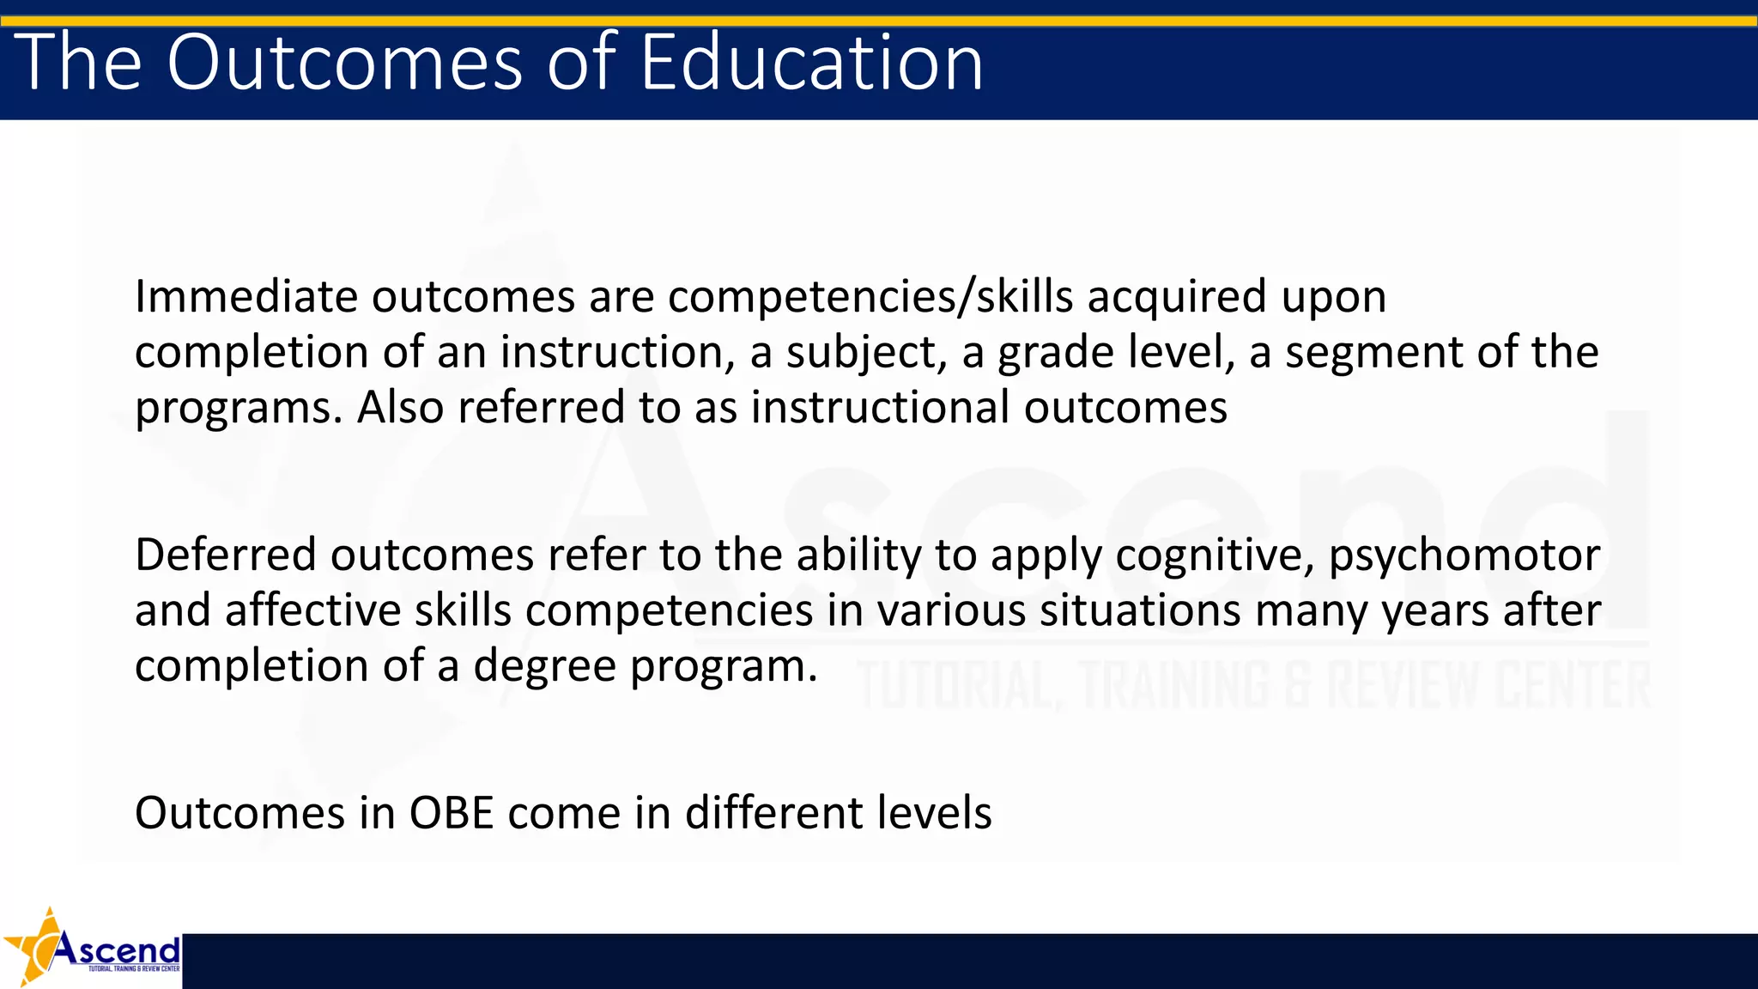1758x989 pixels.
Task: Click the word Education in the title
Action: (811, 62)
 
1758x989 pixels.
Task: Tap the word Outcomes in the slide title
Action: (343, 62)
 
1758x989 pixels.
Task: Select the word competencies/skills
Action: (870, 297)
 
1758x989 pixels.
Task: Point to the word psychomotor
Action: (1464, 556)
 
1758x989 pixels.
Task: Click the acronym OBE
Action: (452, 813)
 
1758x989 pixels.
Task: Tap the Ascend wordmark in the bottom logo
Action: (118, 950)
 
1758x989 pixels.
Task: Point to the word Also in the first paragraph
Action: (399, 407)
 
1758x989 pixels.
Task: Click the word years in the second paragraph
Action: (1434, 612)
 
